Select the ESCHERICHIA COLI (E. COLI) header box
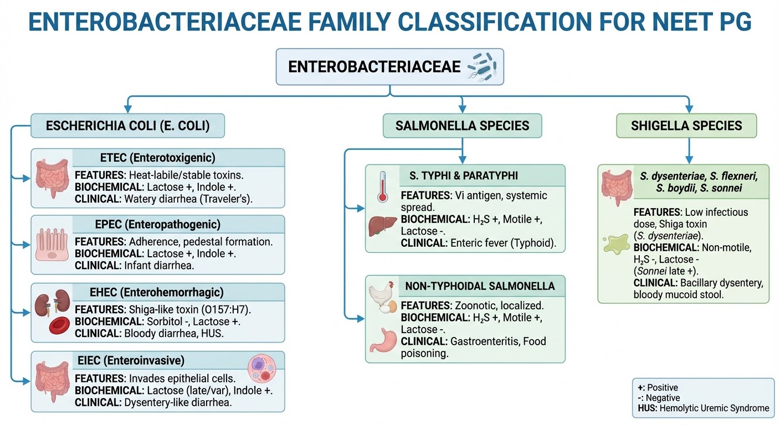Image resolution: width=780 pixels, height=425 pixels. click(x=127, y=126)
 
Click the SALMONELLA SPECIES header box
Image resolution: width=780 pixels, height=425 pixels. click(x=462, y=126)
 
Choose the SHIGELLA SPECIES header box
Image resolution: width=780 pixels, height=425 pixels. click(x=686, y=126)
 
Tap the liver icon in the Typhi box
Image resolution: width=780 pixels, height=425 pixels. click(x=382, y=226)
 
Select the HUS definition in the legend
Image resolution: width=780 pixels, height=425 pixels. click(x=703, y=408)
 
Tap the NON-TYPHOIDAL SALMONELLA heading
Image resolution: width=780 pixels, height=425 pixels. click(x=480, y=286)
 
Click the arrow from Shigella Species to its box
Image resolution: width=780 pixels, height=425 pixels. click(x=689, y=150)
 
